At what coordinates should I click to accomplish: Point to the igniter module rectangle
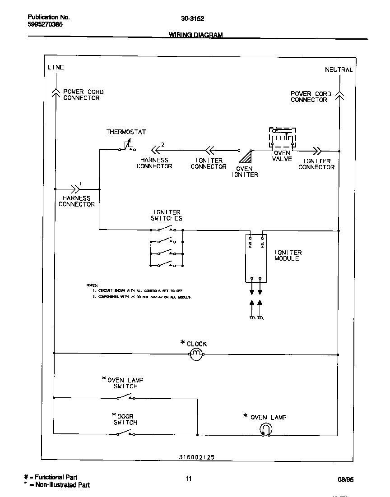click(255, 257)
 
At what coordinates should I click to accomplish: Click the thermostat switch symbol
click(126, 146)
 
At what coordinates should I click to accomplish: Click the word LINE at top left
click(56, 67)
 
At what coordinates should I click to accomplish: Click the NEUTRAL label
click(339, 70)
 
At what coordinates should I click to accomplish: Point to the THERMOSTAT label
click(126, 132)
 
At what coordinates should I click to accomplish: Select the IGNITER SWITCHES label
click(167, 215)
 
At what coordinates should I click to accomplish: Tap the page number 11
click(189, 479)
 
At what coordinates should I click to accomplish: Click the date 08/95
click(345, 480)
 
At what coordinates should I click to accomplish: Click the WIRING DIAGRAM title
click(195, 35)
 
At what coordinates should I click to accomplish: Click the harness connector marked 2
click(156, 149)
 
